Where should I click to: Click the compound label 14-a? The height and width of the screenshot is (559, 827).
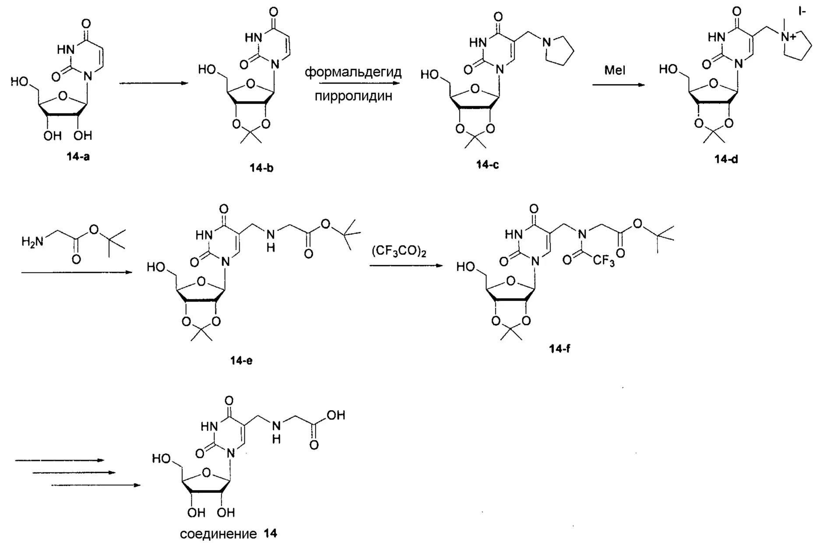[x=78, y=157]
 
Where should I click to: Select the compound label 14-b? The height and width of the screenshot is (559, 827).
[x=261, y=168]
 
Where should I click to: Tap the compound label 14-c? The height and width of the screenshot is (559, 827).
[x=487, y=165]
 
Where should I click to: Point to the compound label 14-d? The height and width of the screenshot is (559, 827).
[x=726, y=159]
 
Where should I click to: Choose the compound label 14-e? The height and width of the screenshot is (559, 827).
[x=241, y=360]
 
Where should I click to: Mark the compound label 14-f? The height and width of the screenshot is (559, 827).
[x=560, y=349]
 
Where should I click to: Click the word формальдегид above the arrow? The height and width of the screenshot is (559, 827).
[x=353, y=72]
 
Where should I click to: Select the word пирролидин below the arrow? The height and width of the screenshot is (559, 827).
[x=353, y=96]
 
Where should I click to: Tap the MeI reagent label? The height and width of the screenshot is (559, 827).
[x=615, y=70]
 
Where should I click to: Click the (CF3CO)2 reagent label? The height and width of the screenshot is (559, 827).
[x=399, y=252]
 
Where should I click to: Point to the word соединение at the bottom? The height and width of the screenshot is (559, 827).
[x=218, y=534]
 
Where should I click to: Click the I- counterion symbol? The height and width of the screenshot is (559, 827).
[x=802, y=12]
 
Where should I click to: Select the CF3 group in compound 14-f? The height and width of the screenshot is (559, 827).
[x=604, y=261]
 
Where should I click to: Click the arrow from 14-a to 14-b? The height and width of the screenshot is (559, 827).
[x=153, y=83]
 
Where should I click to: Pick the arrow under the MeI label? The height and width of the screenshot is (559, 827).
[x=618, y=84]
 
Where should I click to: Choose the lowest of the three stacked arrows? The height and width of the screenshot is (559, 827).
[x=96, y=485]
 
